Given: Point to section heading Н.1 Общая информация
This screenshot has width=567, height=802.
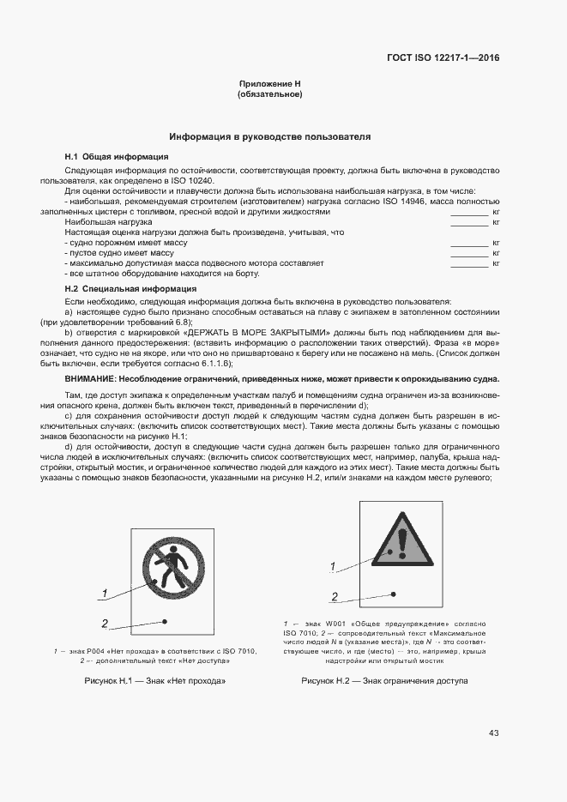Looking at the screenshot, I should tap(116, 157).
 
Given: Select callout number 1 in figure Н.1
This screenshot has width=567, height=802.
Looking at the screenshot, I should tap(105, 594).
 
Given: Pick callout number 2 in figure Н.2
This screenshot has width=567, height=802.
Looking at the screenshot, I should tap(335, 596).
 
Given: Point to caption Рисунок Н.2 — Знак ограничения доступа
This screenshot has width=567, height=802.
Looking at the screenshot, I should tap(384, 680).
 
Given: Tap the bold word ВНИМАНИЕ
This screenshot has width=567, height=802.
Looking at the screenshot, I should tap(91, 379).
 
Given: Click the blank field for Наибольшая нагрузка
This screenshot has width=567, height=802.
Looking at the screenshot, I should tap(469, 222).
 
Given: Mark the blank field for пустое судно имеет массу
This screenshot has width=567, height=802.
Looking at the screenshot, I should tap(469, 253).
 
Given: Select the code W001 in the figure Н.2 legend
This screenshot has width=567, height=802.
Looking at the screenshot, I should tap(337, 624).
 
